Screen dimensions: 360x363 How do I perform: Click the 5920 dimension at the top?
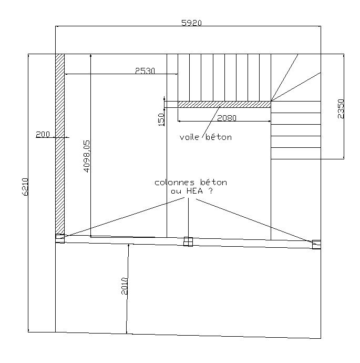(x=191, y=23)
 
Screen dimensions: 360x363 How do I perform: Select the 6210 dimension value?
(x=25, y=187)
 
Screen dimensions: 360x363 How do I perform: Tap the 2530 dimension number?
(x=145, y=70)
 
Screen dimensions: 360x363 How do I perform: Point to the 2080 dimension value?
(x=227, y=118)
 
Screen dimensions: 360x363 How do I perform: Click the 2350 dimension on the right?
(x=341, y=109)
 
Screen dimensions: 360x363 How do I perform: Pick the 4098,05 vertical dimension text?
(x=87, y=156)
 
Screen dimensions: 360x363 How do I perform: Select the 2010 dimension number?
(x=125, y=286)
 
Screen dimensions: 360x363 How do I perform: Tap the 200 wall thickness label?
(x=43, y=134)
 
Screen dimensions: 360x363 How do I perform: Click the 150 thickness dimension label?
(x=161, y=119)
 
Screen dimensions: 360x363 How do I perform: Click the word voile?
(x=189, y=137)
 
